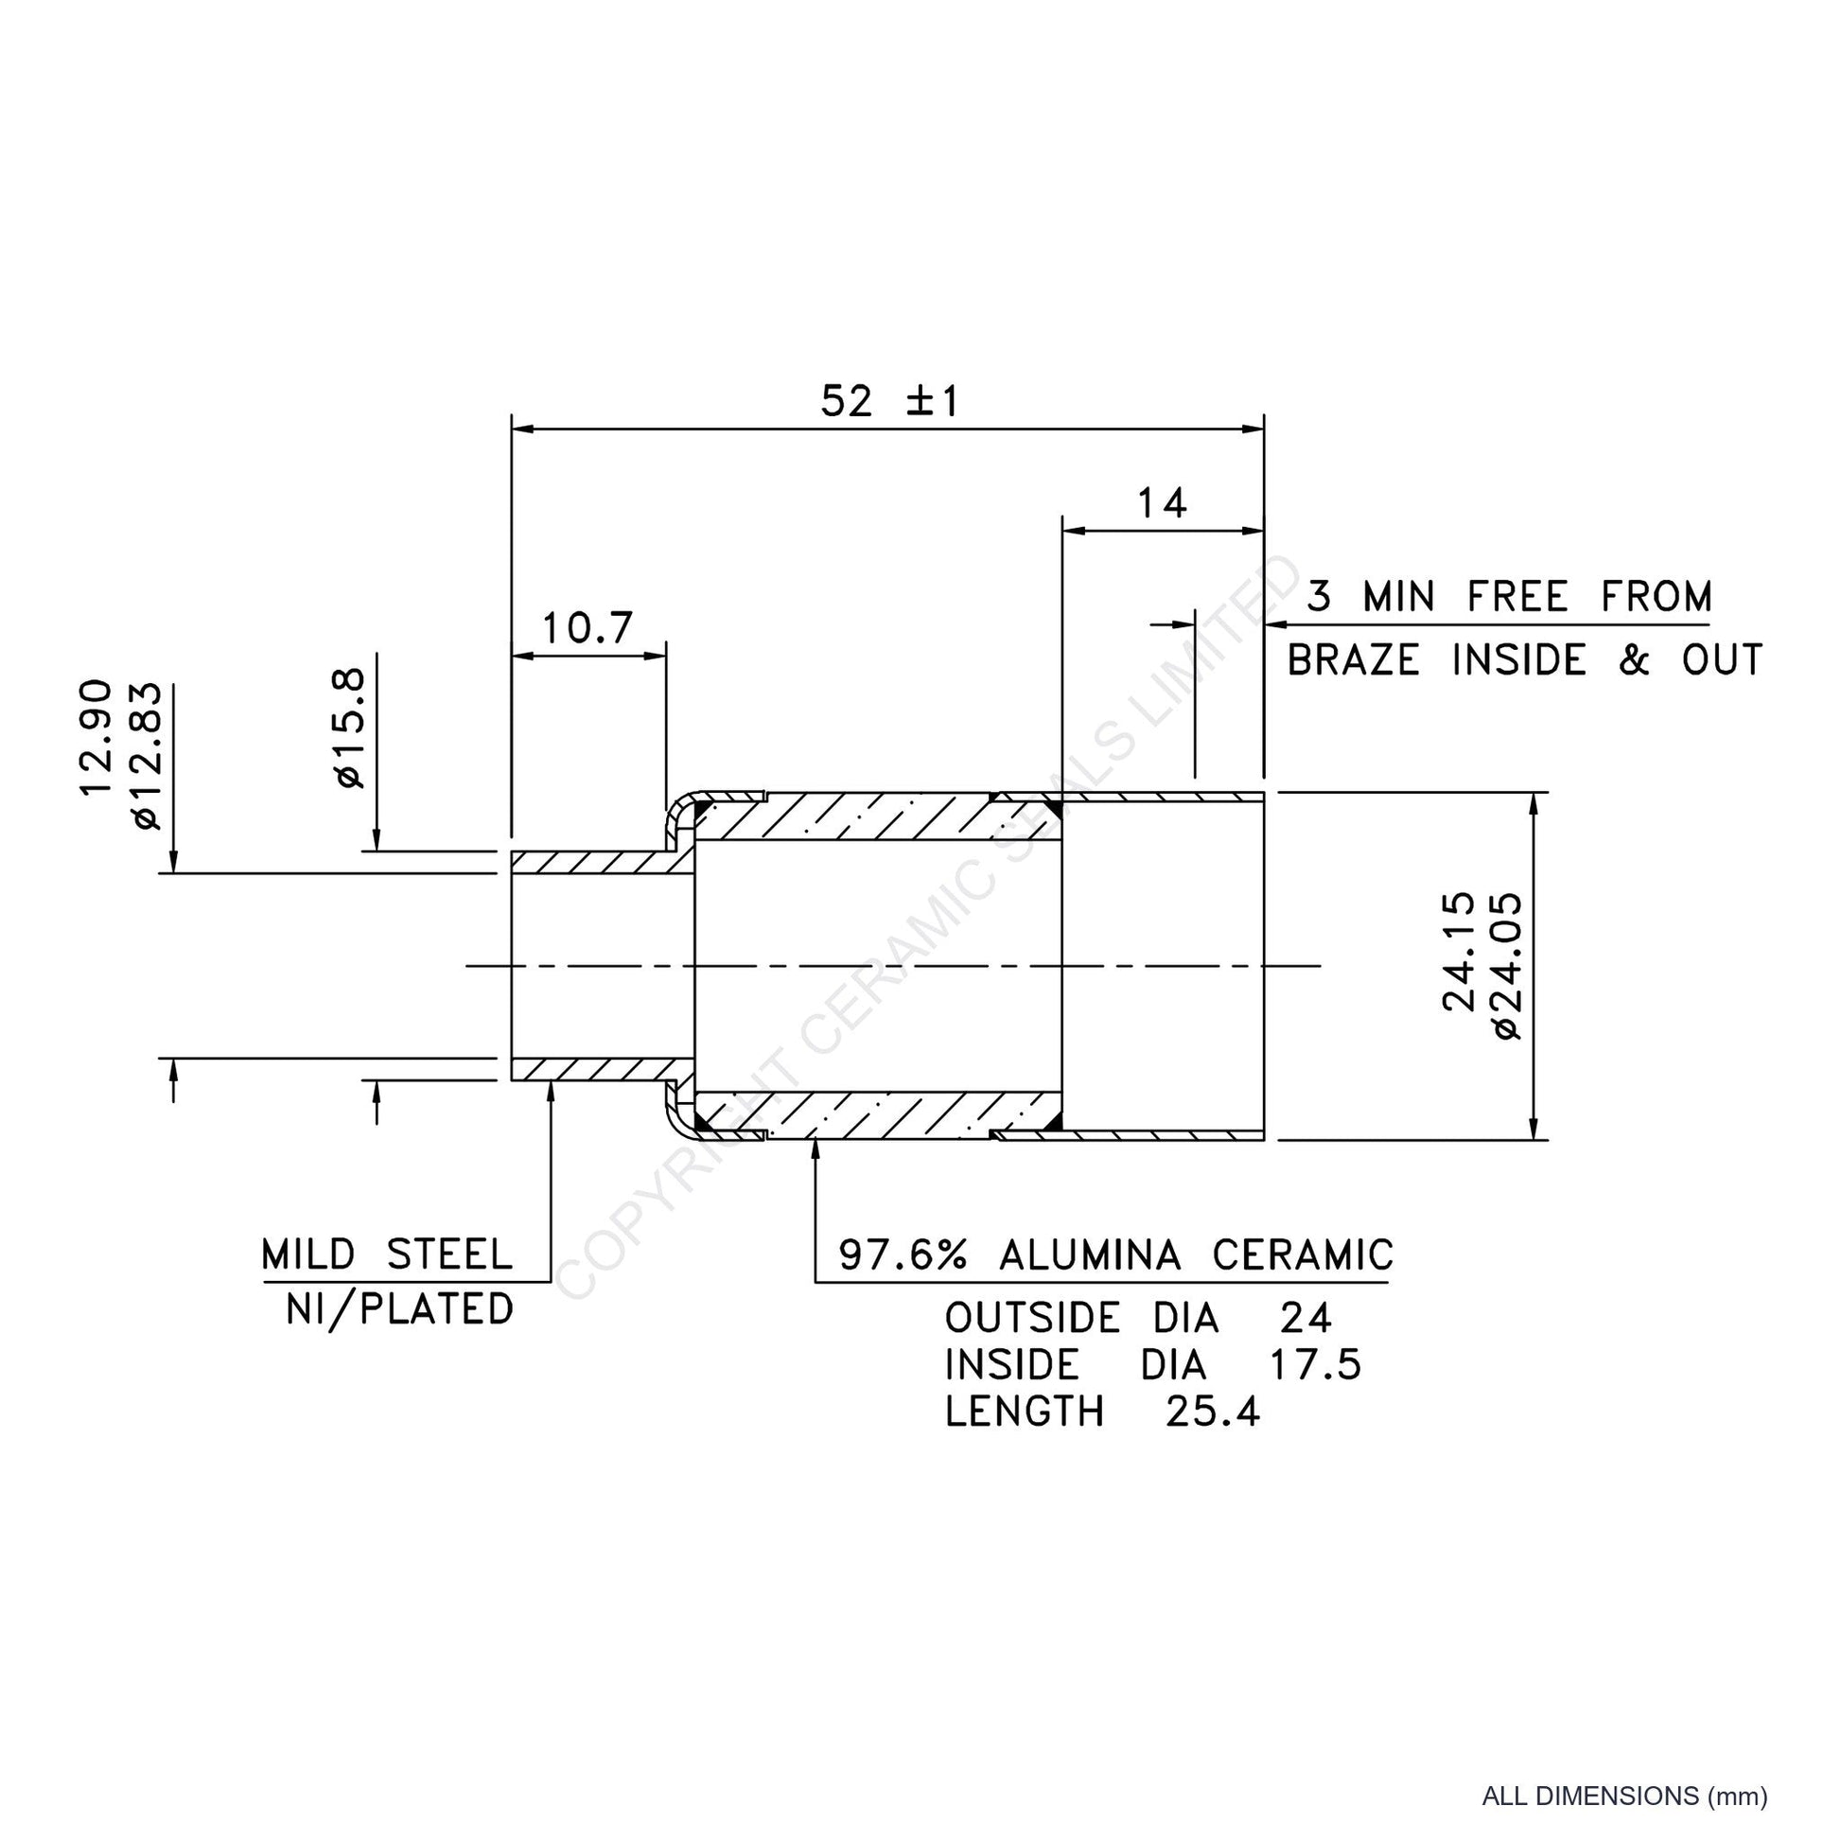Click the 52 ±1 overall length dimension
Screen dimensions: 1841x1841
tap(890, 400)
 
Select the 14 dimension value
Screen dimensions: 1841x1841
tap(1162, 502)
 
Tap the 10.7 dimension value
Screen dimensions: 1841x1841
tap(587, 627)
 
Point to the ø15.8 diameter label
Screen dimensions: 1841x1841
tap(349, 728)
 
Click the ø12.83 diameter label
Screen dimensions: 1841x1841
tap(149, 756)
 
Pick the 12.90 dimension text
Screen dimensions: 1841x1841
tap(96, 737)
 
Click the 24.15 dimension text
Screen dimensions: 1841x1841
tap(1458, 951)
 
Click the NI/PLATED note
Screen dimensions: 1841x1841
tap(399, 1310)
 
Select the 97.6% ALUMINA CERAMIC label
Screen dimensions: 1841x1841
tap(1115, 1255)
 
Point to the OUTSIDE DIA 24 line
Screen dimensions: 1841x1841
tap(1138, 1318)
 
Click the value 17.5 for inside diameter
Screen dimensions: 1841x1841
tap(1314, 1364)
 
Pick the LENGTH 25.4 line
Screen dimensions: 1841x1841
tap(1102, 1411)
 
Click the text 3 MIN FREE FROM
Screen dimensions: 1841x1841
tap(1508, 597)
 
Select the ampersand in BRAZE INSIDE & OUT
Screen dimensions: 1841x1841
tap(1633, 659)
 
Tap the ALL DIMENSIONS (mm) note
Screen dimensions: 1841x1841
tap(1624, 1797)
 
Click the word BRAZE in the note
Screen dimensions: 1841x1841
tap(1353, 659)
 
